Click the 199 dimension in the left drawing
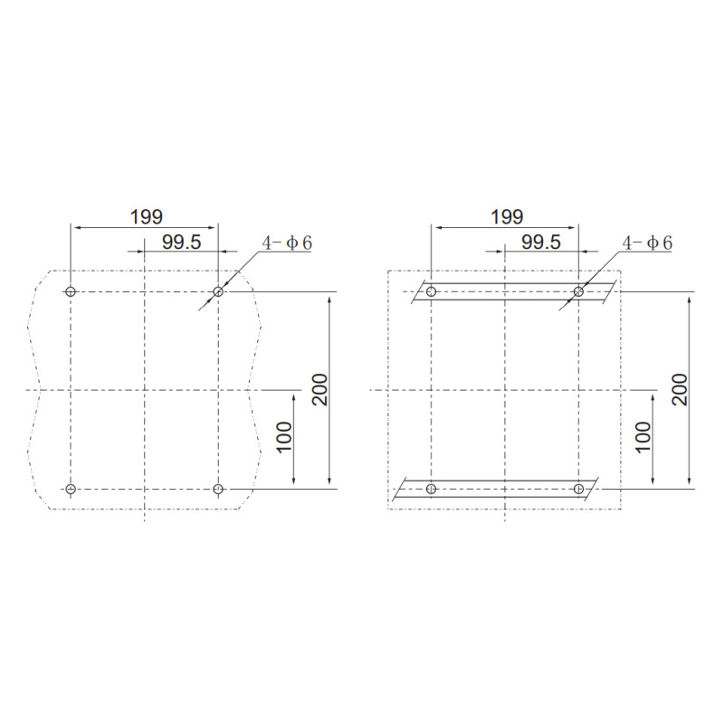147,217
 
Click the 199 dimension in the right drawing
507,217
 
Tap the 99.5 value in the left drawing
182,242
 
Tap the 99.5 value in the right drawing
541,242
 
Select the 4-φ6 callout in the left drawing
287,243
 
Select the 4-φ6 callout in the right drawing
647,243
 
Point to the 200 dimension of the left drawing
319,390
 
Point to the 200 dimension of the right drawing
680,390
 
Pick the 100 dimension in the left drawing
284,437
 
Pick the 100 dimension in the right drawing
643,437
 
